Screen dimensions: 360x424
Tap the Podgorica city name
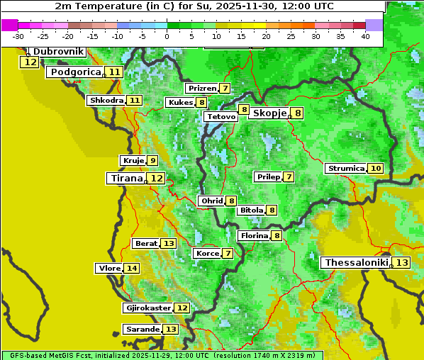74,72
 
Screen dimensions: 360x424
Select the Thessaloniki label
356,263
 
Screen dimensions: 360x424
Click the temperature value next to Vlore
131,269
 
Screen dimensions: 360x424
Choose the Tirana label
125,179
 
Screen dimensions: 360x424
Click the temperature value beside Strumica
375,169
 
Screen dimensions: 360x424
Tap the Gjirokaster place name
147,308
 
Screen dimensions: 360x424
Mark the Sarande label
142,330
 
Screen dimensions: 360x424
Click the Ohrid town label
211,201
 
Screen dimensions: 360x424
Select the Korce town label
207,254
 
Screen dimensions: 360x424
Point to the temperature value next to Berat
168,244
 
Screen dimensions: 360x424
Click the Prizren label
201,89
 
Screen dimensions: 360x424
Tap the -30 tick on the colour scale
18,36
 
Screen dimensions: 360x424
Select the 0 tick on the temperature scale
167,36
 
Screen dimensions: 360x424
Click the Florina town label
254,235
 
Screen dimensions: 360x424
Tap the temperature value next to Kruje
152,161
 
